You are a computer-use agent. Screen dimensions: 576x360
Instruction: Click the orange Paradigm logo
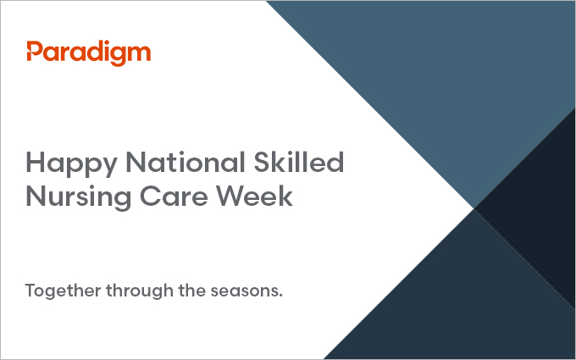tap(89, 53)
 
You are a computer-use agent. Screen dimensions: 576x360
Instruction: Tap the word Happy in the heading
tap(72, 163)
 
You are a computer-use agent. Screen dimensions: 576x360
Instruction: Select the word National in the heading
tap(186, 162)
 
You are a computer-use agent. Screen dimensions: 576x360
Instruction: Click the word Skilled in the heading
tap(299, 162)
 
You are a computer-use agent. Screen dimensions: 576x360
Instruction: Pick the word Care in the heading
tap(174, 196)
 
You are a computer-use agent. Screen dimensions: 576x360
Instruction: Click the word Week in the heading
tap(254, 196)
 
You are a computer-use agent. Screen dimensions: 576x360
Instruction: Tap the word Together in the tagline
tap(63, 291)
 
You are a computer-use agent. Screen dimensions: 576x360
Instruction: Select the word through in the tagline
tap(140, 291)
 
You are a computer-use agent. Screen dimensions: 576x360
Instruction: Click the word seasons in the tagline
tap(245, 292)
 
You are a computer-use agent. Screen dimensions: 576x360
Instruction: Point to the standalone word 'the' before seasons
tap(192, 291)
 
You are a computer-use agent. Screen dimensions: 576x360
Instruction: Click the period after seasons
tap(281, 296)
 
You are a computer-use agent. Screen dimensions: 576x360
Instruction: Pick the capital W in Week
tap(230, 197)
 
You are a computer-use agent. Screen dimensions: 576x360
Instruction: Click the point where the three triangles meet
tap(474, 208)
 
